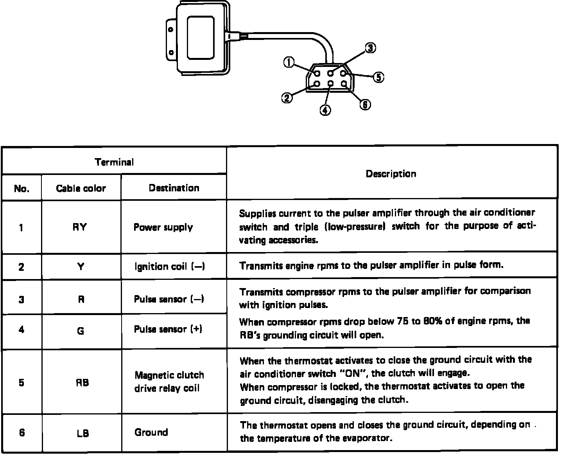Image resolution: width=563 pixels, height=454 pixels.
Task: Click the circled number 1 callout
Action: click(289, 62)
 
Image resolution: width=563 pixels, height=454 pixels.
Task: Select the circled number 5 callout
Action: click(378, 77)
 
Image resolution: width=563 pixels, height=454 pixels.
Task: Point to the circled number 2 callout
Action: click(287, 98)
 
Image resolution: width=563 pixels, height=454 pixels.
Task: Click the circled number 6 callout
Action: click(365, 104)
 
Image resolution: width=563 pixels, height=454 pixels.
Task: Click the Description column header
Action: click(391, 174)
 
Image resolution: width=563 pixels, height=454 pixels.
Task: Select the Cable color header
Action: click(81, 188)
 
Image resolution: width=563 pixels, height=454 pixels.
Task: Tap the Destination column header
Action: click(174, 188)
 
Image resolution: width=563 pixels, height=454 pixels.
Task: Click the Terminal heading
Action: click(114, 162)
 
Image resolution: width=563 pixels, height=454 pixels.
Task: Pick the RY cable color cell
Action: click(80, 227)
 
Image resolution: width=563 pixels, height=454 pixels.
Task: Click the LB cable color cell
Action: click(82, 433)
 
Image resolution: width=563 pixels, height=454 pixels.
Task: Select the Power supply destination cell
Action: click(163, 227)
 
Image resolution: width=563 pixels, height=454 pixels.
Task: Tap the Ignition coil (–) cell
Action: click(169, 267)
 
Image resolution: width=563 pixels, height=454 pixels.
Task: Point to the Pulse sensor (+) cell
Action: click(168, 329)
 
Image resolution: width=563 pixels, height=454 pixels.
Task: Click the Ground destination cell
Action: click(151, 432)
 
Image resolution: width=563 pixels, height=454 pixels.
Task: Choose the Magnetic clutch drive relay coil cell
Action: click(169, 382)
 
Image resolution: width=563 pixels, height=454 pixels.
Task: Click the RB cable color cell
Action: click(82, 382)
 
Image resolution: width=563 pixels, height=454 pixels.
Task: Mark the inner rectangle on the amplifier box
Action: click(201, 38)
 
